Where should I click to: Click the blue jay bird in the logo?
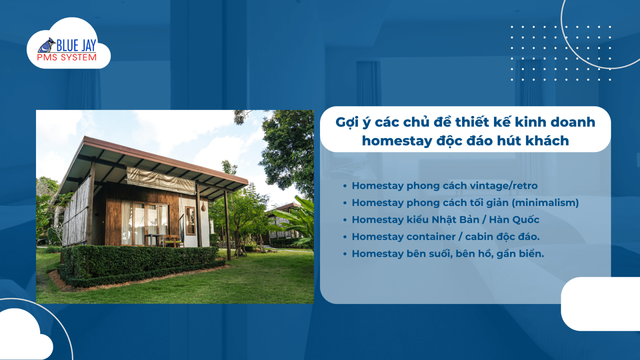click(x=47, y=46)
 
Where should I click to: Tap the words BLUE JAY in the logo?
click(x=76, y=46)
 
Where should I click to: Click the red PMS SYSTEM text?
click(x=67, y=58)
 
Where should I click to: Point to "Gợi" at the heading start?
click(x=347, y=122)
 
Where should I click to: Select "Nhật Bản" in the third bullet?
click(x=455, y=220)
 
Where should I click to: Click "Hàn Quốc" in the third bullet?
click(x=514, y=220)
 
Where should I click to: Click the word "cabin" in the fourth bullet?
click(x=479, y=237)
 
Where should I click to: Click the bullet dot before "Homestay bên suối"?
click(x=345, y=254)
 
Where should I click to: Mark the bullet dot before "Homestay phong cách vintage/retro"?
click(x=345, y=186)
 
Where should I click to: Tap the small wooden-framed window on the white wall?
click(x=190, y=220)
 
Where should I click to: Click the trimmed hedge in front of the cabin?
click(x=140, y=260)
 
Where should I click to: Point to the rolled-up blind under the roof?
click(x=160, y=179)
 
